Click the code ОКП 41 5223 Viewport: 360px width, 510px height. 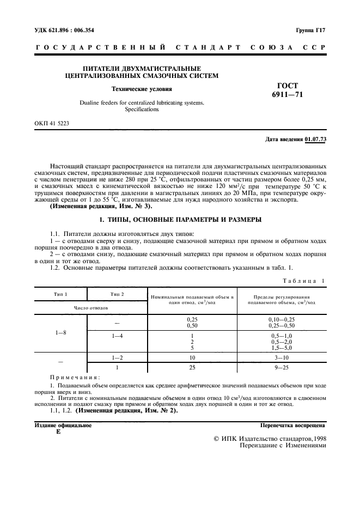[x=51, y=124]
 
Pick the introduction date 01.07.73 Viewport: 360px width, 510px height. [x=315, y=139]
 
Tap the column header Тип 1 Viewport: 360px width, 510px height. [x=60, y=294]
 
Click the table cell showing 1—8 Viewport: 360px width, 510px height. [x=60, y=332]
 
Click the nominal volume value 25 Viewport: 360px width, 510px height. [x=192, y=368]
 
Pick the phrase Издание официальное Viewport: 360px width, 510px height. [x=63, y=425]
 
